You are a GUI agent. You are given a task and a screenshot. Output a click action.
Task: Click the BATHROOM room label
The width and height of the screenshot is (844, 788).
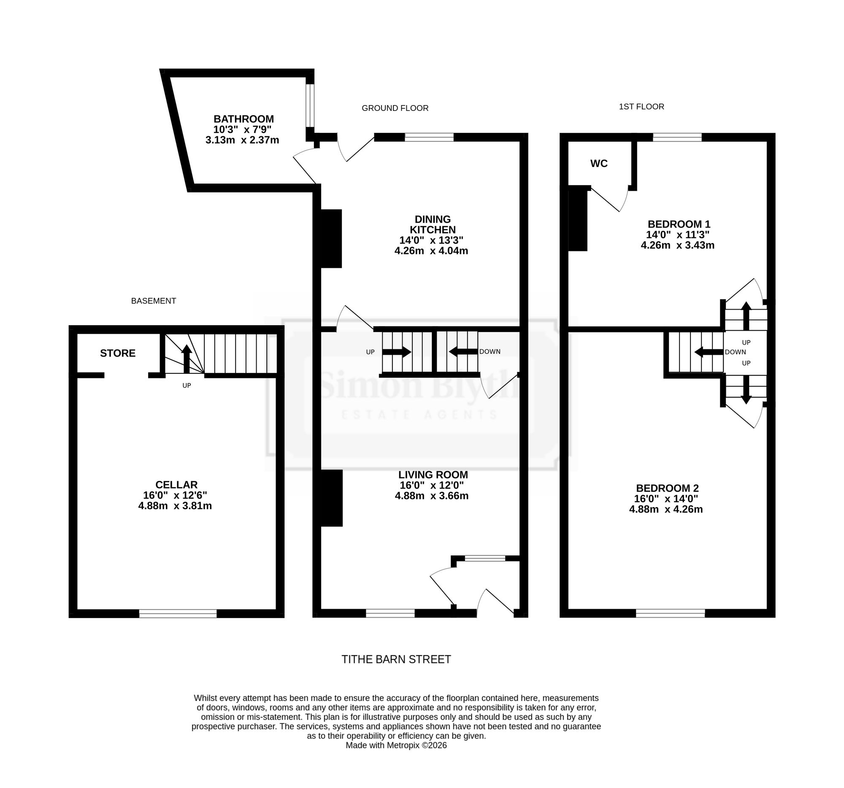(243, 119)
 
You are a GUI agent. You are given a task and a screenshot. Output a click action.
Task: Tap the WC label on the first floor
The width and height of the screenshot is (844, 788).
(599, 163)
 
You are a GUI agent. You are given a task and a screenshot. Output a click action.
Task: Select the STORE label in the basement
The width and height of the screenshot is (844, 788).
(118, 353)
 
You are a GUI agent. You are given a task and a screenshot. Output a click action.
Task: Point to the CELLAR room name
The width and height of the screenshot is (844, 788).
(176, 485)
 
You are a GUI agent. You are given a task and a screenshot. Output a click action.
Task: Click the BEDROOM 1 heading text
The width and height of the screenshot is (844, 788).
(679, 224)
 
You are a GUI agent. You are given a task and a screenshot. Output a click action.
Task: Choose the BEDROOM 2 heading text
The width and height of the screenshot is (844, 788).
(667, 488)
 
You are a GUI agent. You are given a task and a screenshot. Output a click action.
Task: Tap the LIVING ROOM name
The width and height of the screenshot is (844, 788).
(433, 475)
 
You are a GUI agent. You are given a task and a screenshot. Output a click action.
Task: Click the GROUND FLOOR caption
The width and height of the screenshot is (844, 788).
(395, 108)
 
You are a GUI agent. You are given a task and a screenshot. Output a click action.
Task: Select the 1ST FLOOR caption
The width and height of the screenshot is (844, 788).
(641, 106)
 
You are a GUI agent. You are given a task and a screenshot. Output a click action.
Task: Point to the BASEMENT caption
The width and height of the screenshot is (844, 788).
(153, 301)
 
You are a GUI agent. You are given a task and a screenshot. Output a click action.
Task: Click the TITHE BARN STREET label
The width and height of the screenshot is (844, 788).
(396, 659)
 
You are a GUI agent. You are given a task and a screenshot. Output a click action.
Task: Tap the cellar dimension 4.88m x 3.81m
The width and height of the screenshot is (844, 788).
(175, 506)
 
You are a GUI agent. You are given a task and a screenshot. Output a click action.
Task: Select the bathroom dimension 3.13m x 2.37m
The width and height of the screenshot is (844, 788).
(242, 140)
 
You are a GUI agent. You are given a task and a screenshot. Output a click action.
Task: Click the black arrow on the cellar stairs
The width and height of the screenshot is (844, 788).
(187, 359)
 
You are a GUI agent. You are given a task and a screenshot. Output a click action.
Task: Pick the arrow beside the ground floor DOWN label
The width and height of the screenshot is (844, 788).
(463, 351)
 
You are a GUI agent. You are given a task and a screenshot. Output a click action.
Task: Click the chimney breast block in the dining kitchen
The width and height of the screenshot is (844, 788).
(331, 238)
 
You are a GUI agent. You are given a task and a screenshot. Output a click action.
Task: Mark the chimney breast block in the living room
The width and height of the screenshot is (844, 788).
(331, 498)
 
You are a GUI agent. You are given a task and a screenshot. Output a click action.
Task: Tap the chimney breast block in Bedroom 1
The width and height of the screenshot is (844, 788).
(578, 219)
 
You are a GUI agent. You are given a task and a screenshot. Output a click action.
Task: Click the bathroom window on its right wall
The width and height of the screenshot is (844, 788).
(310, 105)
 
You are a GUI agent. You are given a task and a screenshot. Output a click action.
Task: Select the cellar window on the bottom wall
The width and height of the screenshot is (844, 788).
(178, 613)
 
